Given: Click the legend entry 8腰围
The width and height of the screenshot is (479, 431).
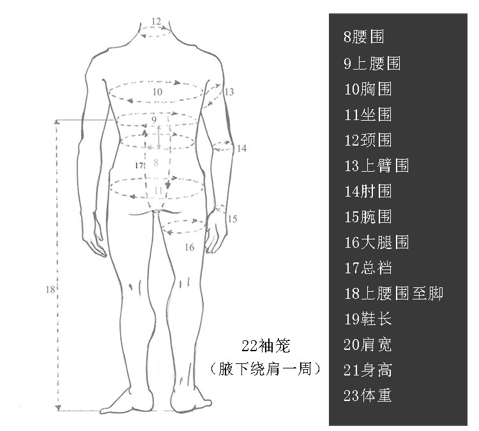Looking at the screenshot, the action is [363, 37].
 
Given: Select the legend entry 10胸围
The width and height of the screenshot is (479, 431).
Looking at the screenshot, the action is [367, 89].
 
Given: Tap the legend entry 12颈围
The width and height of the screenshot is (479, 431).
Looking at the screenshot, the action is [367, 140].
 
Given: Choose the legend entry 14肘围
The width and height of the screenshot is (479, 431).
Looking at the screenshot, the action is [367, 191].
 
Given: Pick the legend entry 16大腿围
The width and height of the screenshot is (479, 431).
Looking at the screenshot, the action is [376, 242].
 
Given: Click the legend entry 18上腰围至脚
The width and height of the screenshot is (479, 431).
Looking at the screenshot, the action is [393, 293].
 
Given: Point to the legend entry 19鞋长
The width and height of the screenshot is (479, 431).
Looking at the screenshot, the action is [367, 319].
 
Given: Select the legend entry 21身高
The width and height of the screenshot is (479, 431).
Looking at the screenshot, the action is [367, 370].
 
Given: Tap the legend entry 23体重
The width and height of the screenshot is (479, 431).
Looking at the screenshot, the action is [367, 395].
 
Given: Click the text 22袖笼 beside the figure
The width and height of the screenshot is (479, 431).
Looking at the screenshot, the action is [266, 346].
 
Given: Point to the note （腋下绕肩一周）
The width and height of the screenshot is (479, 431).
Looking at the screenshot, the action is [265, 368].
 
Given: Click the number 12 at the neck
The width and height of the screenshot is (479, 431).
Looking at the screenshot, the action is [156, 21].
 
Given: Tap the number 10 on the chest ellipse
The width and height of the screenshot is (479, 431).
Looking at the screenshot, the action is [157, 92].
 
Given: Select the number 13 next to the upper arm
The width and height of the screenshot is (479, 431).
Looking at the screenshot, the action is [229, 92].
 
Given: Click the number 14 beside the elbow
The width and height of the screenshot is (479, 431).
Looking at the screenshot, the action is [240, 148].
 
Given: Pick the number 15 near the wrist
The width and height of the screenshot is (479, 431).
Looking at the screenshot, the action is [231, 219].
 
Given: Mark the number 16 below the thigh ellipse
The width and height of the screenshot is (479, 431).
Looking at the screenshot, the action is [189, 246].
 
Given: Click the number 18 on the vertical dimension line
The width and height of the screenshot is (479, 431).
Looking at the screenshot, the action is [50, 290].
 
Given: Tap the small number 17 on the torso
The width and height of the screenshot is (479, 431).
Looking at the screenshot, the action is [140, 165].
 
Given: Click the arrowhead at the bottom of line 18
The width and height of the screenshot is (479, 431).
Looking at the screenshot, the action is [58, 407].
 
